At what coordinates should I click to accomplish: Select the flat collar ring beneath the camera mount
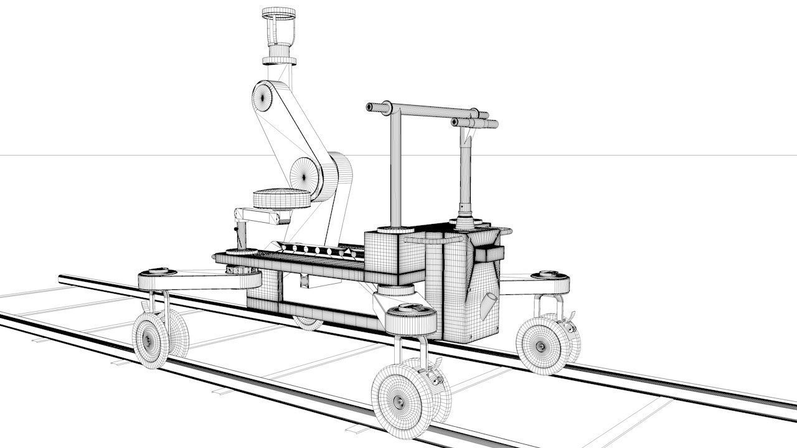(x=278, y=60)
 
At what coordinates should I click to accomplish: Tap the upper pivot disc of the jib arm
(x=264, y=97)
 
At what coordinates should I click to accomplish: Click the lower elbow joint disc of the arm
(x=305, y=174)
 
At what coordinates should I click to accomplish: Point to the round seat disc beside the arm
(x=282, y=198)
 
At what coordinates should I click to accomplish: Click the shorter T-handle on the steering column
(x=474, y=123)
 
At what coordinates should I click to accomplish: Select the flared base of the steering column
(x=465, y=222)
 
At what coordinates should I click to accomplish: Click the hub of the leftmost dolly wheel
(x=150, y=340)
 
